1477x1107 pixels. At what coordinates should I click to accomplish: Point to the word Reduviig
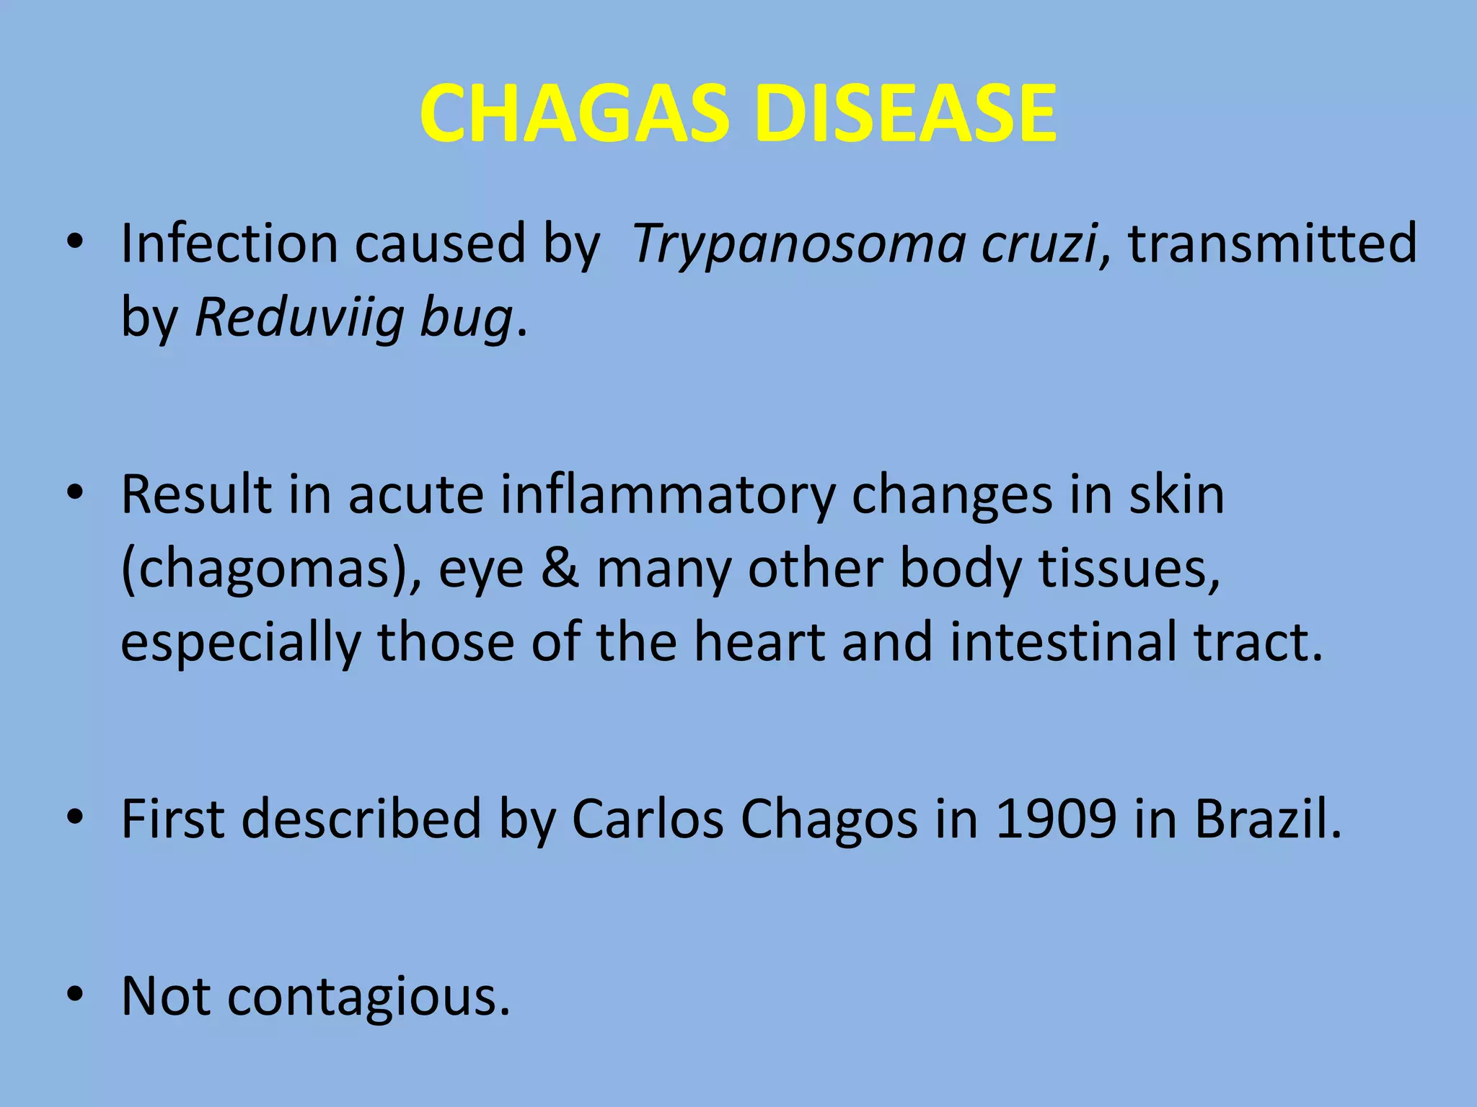(299, 318)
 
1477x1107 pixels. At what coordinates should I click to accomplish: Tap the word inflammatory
(667, 496)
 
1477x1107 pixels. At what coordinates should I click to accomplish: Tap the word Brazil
(1268, 819)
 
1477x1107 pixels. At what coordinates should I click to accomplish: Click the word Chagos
(829, 820)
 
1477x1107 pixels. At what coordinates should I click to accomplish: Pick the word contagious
(368, 997)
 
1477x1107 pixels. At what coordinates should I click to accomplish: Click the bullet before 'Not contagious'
(74, 995)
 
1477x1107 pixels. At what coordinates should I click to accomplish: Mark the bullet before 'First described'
(74, 818)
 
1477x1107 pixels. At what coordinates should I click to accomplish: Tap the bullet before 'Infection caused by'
(74, 243)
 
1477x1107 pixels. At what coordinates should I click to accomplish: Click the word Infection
(229, 244)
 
